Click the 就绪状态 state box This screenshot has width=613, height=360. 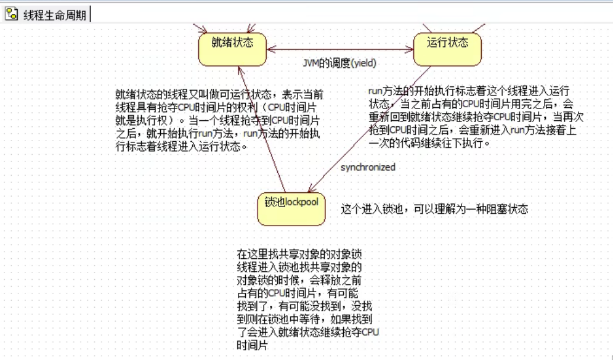(232, 49)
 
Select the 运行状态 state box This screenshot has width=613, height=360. (447, 49)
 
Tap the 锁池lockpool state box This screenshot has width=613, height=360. (291, 208)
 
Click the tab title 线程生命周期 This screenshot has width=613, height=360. (55, 15)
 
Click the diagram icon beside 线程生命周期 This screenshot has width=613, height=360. (12, 14)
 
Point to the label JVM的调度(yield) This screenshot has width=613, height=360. (339, 63)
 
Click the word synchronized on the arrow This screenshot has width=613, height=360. (368, 167)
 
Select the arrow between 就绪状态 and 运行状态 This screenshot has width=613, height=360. (339, 49)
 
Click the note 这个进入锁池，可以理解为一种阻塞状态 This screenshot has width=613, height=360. (434, 210)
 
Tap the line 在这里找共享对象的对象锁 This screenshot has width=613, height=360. (299, 254)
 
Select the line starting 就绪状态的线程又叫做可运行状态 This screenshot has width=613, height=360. (219, 95)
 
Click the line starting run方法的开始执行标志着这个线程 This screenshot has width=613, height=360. (468, 91)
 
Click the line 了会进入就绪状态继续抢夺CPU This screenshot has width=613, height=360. (307, 333)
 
